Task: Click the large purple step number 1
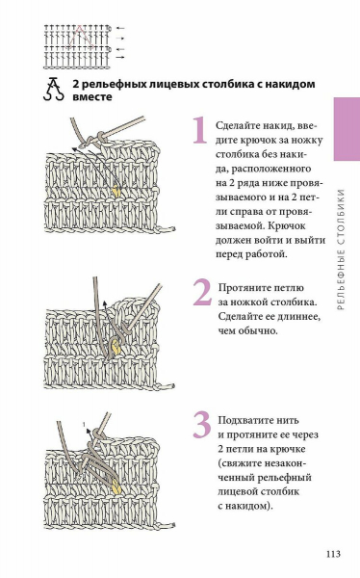[200, 130]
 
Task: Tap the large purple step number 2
[202, 292]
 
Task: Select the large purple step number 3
[202, 425]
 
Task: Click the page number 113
[333, 554]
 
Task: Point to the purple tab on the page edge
[347, 129]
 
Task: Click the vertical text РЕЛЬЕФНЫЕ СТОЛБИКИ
[341, 250]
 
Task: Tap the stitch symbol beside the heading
[54, 89]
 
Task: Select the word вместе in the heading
[92, 97]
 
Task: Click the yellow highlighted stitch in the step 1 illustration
[116, 191]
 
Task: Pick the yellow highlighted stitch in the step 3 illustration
[116, 486]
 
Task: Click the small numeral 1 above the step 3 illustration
[84, 424]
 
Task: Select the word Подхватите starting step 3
[245, 421]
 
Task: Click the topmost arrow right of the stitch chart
[120, 28]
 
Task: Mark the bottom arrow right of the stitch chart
[120, 57]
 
